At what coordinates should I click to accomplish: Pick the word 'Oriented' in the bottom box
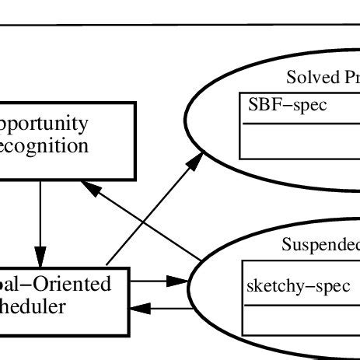tap(79, 284)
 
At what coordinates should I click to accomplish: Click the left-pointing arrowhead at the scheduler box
tap(138, 309)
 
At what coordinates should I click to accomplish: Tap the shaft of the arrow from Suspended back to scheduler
tap(167, 309)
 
